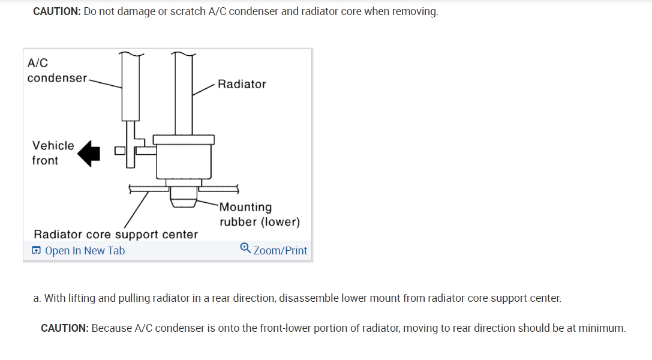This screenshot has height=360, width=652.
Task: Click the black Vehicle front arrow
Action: click(x=90, y=154)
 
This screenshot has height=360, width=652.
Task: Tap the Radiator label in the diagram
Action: click(x=242, y=84)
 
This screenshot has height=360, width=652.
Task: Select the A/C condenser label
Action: click(x=57, y=70)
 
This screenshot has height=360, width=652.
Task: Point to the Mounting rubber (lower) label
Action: click(x=259, y=215)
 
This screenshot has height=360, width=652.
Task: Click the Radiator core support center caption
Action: click(x=116, y=234)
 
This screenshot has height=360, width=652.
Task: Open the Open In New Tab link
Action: click(x=85, y=251)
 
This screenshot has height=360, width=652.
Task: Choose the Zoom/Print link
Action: click(x=280, y=251)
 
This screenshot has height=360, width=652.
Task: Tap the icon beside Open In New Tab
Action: click(x=37, y=251)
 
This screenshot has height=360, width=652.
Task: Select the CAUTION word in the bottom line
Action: click(x=65, y=328)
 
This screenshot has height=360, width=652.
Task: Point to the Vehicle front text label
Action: click(x=53, y=153)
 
